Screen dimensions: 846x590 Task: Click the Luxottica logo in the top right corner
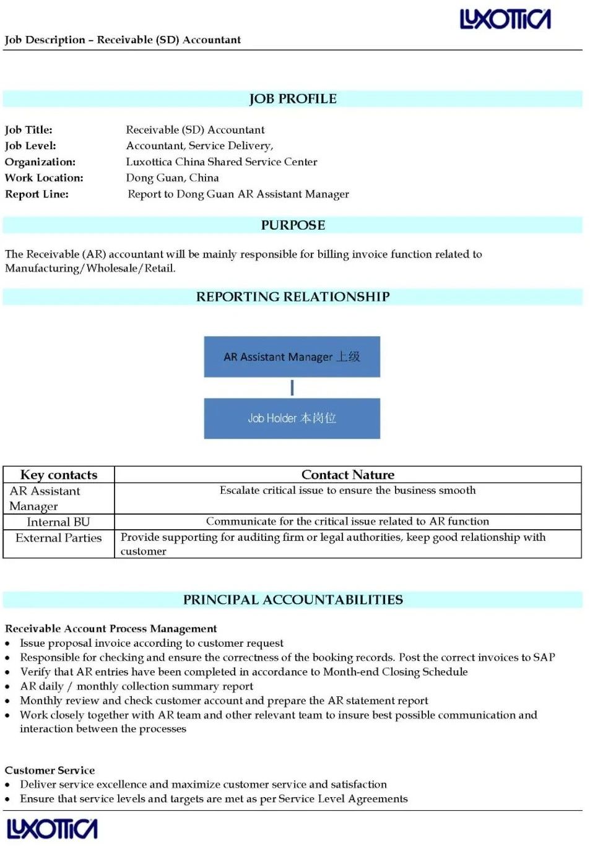505,19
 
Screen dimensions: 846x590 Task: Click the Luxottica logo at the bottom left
52,829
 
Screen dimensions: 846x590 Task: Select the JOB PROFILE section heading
293,99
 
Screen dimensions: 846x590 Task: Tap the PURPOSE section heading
293,225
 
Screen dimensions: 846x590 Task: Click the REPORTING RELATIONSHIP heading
293,297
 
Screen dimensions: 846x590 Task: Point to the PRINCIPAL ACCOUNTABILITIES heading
293,600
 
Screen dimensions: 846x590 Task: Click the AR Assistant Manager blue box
292,356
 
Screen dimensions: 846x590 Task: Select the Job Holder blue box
292,418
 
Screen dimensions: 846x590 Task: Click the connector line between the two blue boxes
292,388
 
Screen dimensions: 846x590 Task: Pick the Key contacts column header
59,475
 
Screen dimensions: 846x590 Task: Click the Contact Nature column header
347,475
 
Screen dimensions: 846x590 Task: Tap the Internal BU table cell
58,522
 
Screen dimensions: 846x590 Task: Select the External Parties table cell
58,538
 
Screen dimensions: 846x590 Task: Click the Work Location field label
44,178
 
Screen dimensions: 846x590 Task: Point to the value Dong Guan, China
172,178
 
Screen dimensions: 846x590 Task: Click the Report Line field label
37,194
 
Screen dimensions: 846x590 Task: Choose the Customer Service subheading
50,770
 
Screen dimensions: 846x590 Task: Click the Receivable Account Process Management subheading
111,629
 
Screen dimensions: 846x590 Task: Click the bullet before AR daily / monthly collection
7,686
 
